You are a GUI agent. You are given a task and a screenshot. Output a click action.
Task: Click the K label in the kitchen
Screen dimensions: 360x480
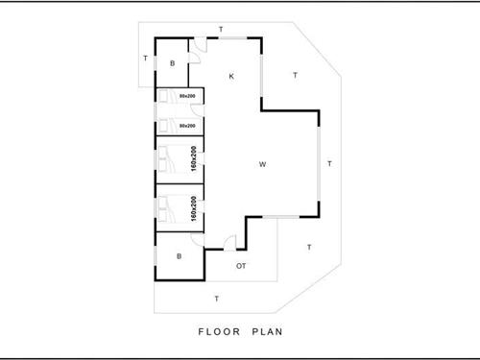tap(231, 76)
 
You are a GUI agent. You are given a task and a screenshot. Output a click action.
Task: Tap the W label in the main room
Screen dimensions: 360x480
tap(262, 165)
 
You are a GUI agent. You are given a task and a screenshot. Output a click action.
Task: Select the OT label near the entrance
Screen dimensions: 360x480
tap(241, 265)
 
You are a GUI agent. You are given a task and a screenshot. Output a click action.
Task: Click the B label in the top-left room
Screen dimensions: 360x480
tap(173, 63)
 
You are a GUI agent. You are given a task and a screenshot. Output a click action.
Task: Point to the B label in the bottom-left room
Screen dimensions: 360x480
tap(179, 256)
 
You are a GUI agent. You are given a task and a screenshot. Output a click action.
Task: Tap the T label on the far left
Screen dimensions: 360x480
tap(145, 59)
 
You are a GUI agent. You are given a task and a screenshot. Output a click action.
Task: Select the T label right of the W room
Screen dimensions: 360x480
tap(329, 164)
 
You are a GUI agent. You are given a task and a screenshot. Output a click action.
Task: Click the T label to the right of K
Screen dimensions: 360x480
tap(295, 75)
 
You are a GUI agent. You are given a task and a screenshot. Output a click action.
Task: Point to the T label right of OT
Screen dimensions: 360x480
tap(308, 248)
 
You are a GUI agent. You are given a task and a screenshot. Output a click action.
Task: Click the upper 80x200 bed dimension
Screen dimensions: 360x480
tap(188, 96)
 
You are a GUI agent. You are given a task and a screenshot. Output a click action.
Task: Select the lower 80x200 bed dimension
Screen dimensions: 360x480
tap(188, 126)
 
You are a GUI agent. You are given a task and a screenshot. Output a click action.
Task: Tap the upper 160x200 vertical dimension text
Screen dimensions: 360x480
tap(194, 159)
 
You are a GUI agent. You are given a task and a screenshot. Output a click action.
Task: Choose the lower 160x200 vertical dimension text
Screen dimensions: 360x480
tap(194, 209)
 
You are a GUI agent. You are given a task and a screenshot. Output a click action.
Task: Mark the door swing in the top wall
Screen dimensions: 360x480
tap(199, 47)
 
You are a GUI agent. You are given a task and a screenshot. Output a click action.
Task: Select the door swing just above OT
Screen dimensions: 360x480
tap(230, 243)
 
